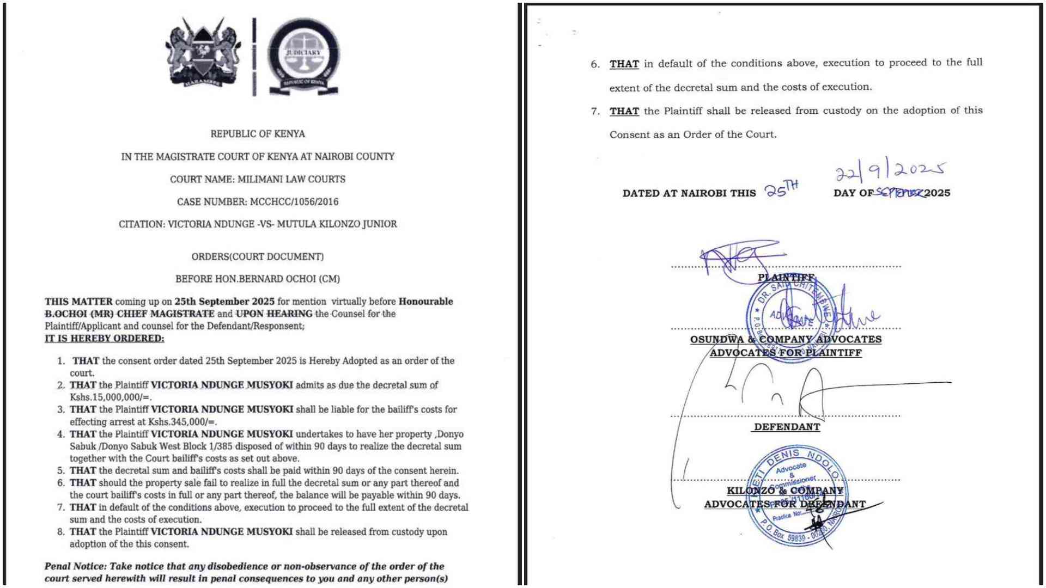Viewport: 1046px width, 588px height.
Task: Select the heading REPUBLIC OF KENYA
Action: (258, 134)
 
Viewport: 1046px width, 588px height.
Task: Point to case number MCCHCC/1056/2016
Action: (294, 202)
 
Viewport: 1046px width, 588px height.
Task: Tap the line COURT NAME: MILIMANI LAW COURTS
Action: (258, 179)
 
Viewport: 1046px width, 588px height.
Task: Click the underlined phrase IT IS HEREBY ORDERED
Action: (104, 339)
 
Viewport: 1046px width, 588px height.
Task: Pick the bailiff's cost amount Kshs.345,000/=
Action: (183, 422)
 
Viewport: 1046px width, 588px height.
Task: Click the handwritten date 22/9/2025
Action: (890, 170)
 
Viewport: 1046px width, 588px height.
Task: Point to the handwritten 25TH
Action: (781, 189)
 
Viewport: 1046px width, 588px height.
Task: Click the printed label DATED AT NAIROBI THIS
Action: (689, 193)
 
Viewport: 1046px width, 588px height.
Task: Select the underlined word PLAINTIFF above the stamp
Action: (786, 278)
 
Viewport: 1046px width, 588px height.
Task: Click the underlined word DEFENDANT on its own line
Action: (787, 427)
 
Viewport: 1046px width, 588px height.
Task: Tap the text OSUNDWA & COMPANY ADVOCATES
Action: (786, 339)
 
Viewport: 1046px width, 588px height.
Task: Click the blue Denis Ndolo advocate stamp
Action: (798, 495)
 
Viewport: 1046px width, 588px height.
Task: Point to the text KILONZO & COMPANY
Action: (785, 491)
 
